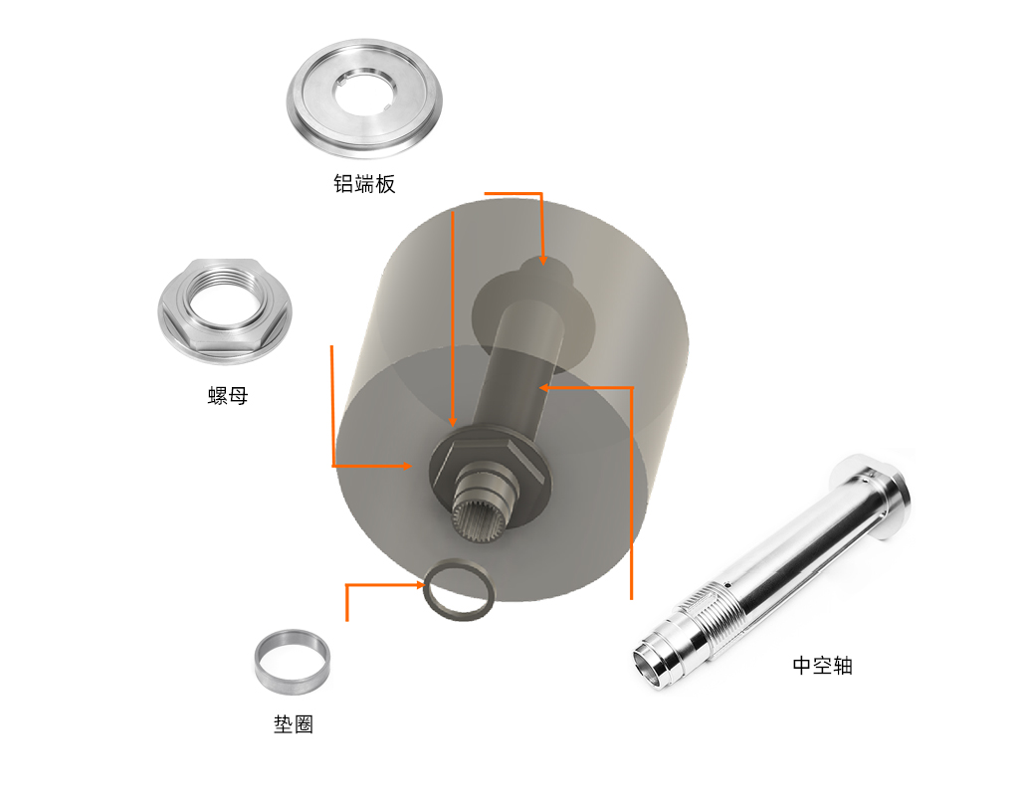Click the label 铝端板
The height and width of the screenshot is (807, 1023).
pos(364,184)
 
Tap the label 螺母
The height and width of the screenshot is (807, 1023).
pos(228,395)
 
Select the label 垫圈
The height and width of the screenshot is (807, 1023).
pos(294,724)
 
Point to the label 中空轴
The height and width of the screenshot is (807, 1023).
pos(822,666)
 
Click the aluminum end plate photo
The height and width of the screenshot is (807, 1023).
pos(364,98)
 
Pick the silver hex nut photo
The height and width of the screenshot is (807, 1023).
pos(225,311)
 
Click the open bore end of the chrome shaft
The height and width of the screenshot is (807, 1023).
pos(649,667)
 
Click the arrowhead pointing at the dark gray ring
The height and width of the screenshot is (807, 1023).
pos(421,585)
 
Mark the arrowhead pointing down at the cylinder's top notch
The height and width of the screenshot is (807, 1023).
pos(542,261)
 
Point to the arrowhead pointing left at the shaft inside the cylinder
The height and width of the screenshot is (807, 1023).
pos(544,388)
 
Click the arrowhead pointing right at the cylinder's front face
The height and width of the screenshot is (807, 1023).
pos(407,466)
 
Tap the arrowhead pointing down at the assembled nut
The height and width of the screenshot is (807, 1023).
pos(453,422)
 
